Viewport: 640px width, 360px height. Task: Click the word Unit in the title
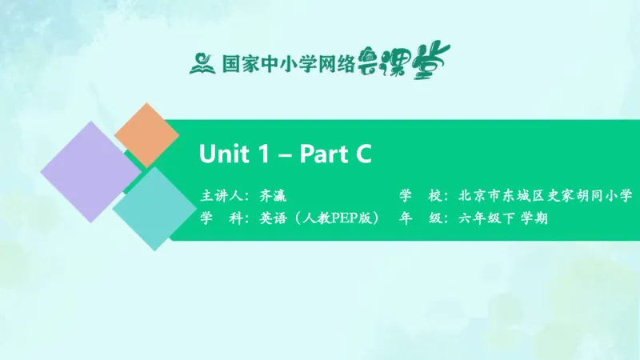223,154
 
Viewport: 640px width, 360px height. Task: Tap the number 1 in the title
264,154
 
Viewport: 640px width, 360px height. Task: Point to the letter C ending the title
362,154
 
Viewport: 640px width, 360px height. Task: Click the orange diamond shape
146,135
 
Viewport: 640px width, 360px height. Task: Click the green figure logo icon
202,62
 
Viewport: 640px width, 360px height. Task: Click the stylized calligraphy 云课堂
410,58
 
